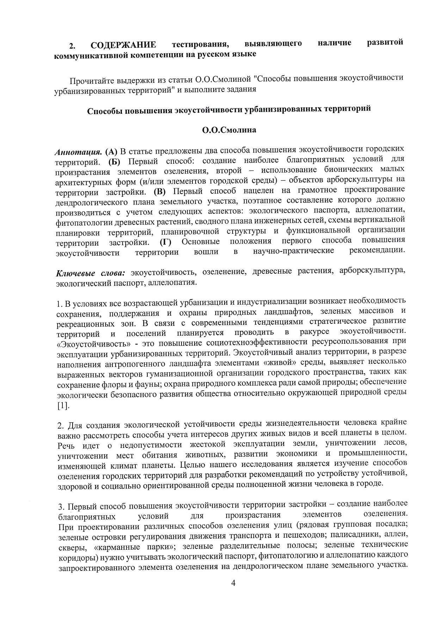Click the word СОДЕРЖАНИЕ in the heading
pos(123,45)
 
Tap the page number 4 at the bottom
pos(233,593)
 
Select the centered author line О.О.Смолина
pos(229,130)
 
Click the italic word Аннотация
pos(78,153)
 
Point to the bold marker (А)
pos(111,152)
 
